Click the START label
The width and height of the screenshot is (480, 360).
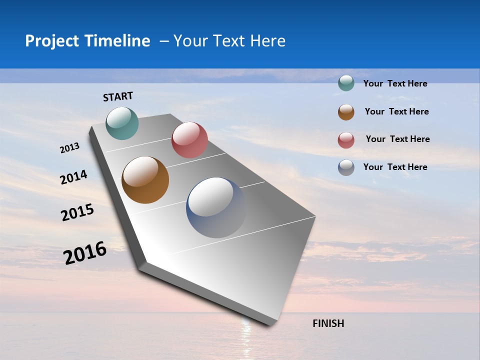[118, 96]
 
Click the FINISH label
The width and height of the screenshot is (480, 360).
[328, 323]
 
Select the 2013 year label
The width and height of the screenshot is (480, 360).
[69, 148]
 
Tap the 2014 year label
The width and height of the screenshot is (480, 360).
[73, 177]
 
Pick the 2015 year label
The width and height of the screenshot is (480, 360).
[77, 212]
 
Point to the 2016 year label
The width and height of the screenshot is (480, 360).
[85, 252]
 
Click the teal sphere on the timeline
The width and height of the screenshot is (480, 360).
[122, 123]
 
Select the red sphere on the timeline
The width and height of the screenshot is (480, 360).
[189, 140]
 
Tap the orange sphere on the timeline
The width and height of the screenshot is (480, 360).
[145, 180]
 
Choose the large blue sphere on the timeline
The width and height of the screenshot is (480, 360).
[216, 207]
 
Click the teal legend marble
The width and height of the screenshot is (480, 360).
[346, 83]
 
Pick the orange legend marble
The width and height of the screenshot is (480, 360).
[346, 112]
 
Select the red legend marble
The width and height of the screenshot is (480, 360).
[346, 140]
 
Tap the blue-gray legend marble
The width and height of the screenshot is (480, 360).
[346, 167]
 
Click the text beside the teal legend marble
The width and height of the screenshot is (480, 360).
[395, 83]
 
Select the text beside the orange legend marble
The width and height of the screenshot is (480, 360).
[396, 111]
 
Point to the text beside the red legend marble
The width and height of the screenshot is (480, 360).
[397, 139]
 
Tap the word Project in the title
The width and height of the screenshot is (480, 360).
[52, 41]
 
